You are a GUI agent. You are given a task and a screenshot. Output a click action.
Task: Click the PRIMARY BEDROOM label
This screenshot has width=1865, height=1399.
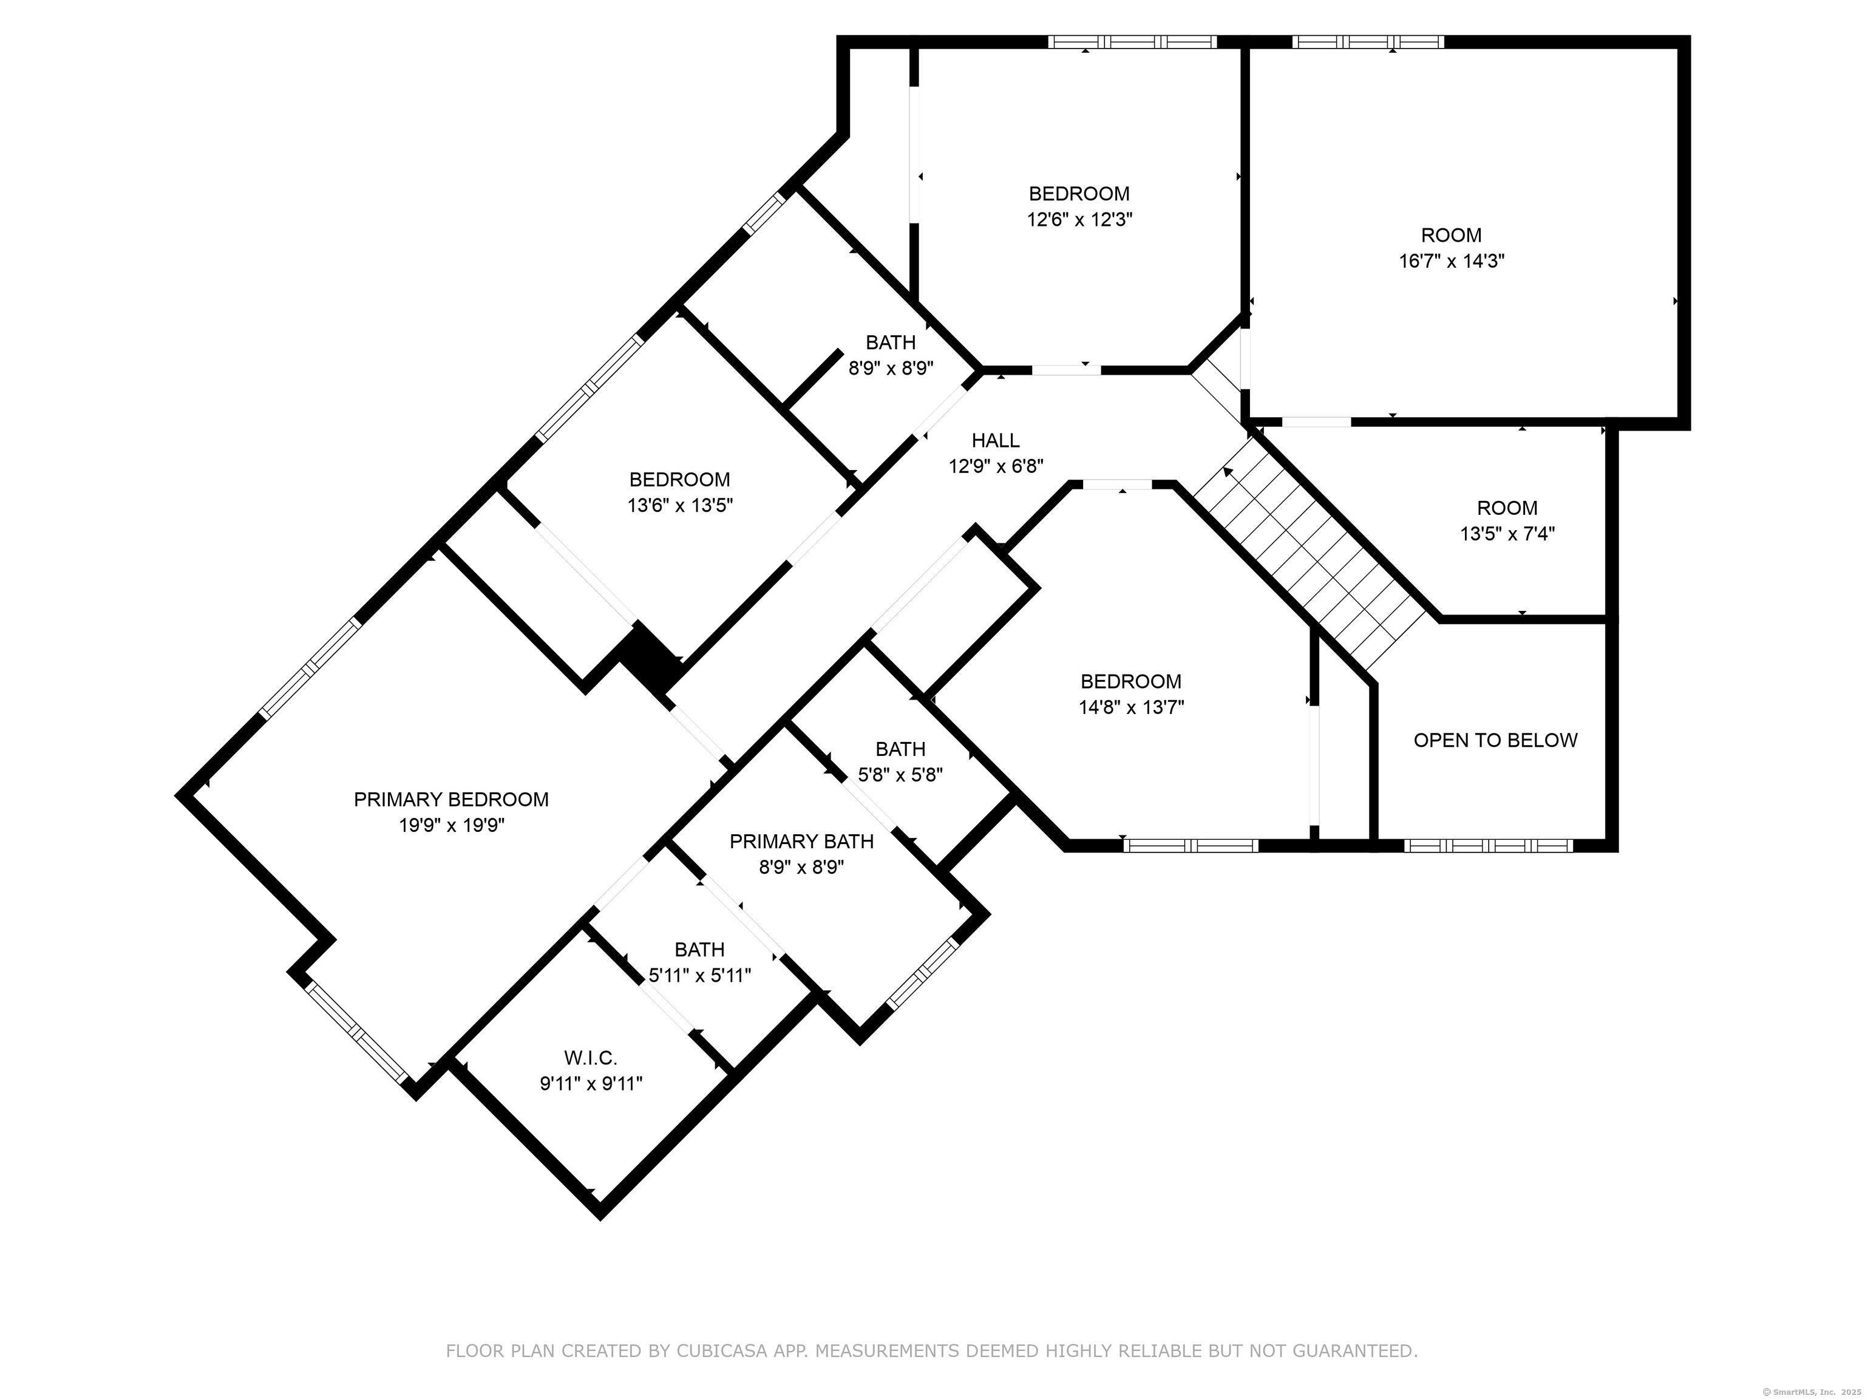pyautogui.click(x=451, y=800)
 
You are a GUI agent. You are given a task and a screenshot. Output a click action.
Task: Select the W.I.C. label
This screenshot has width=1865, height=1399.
pyautogui.click(x=590, y=1058)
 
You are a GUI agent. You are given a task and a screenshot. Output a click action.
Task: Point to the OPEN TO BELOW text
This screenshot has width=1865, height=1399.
pyautogui.click(x=1495, y=740)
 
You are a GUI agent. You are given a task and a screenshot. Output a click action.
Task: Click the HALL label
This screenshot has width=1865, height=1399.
pyautogui.click(x=995, y=440)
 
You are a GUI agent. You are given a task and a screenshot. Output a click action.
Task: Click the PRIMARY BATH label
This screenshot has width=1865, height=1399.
pyautogui.click(x=801, y=842)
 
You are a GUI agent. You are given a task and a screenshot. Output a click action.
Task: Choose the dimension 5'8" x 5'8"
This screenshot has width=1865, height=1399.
pyautogui.click(x=900, y=774)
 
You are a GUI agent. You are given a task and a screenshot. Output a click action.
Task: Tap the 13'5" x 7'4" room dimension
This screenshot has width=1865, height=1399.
pyautogui.click(x=1507, y=534)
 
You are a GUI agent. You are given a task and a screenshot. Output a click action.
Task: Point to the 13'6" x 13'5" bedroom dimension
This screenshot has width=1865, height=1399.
pyautogui.click(x=679, y=506)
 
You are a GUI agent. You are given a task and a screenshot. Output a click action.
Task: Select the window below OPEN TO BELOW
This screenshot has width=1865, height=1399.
pyautogui.click(x=1488, y=845)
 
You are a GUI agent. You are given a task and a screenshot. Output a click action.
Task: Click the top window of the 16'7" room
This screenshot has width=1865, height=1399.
pyautogui.click(x=1368, y=41)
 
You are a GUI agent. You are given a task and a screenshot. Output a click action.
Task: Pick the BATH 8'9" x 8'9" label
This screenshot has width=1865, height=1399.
pyautogui.click(x=891, y=342)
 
